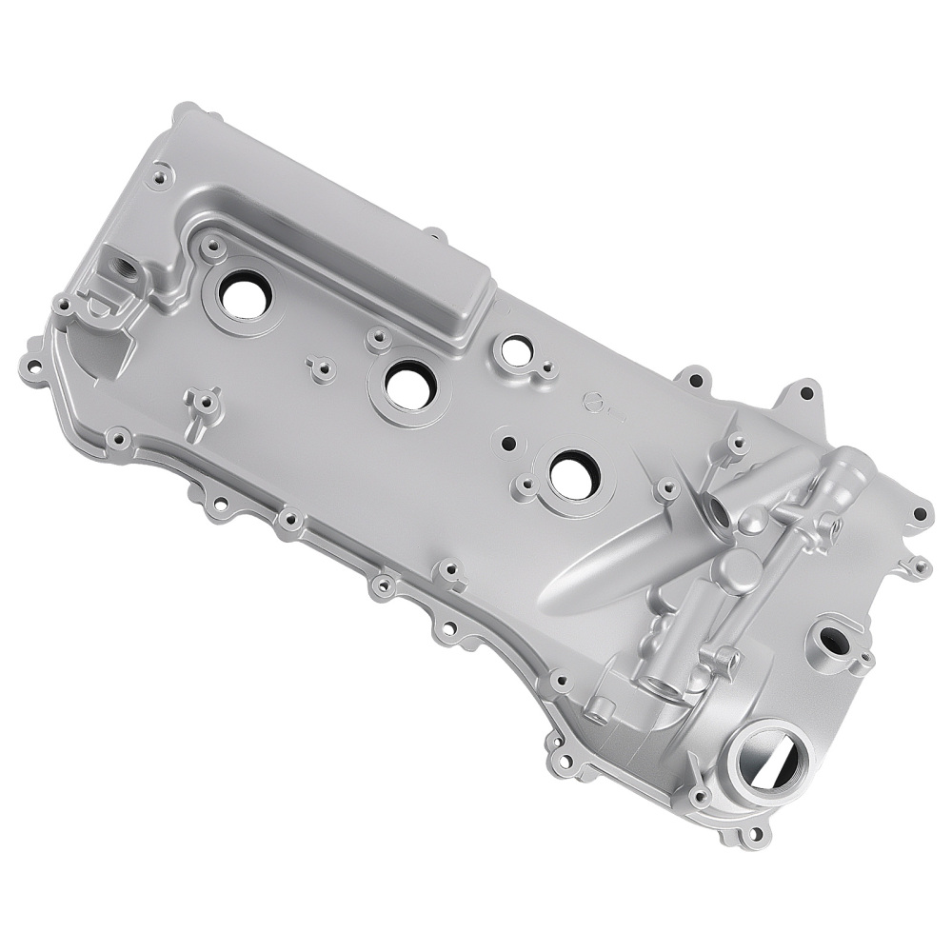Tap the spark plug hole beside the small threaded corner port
(246, 296)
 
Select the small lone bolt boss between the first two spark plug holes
(322, 366)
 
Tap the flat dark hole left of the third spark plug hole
(508, 443)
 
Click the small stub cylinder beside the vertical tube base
(600, 706)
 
